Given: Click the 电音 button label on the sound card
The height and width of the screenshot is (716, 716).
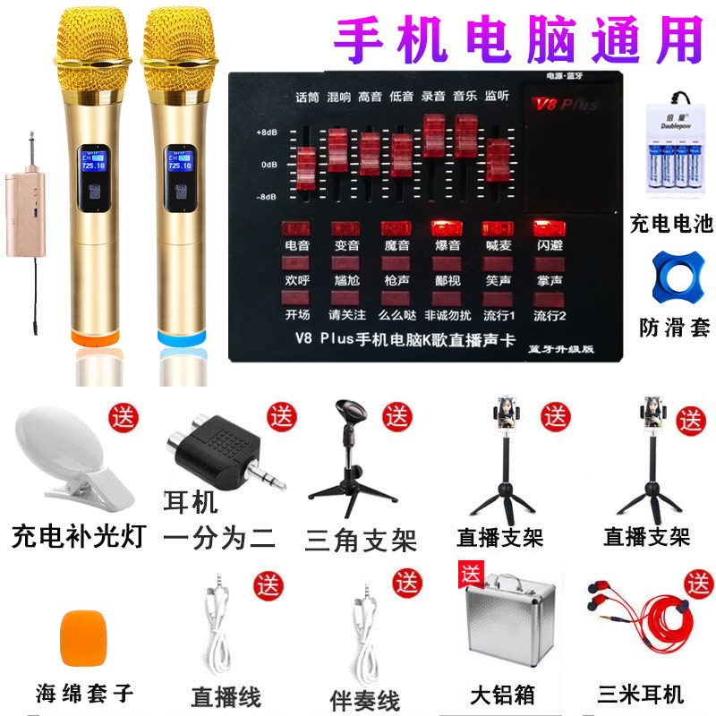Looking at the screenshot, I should click(x=296, y=243).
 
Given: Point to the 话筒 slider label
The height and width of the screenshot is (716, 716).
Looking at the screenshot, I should click(x=307, y=97).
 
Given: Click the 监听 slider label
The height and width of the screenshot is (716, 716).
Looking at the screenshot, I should click(x=498, y=97).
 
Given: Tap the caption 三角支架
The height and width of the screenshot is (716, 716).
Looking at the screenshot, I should click(x=361, y=540).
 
